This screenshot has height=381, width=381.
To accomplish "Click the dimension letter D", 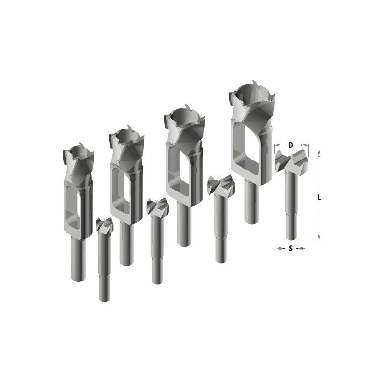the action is pos(291,145).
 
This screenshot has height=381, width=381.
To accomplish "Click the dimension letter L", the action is pos(319,197).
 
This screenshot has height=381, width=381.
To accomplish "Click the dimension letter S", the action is pos(291,248).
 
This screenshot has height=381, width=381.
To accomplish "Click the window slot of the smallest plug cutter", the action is pos(72,207).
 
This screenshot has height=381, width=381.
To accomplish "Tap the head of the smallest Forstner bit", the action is pos(104,225).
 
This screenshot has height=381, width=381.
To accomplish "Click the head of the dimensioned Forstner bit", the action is pos(291,160).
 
